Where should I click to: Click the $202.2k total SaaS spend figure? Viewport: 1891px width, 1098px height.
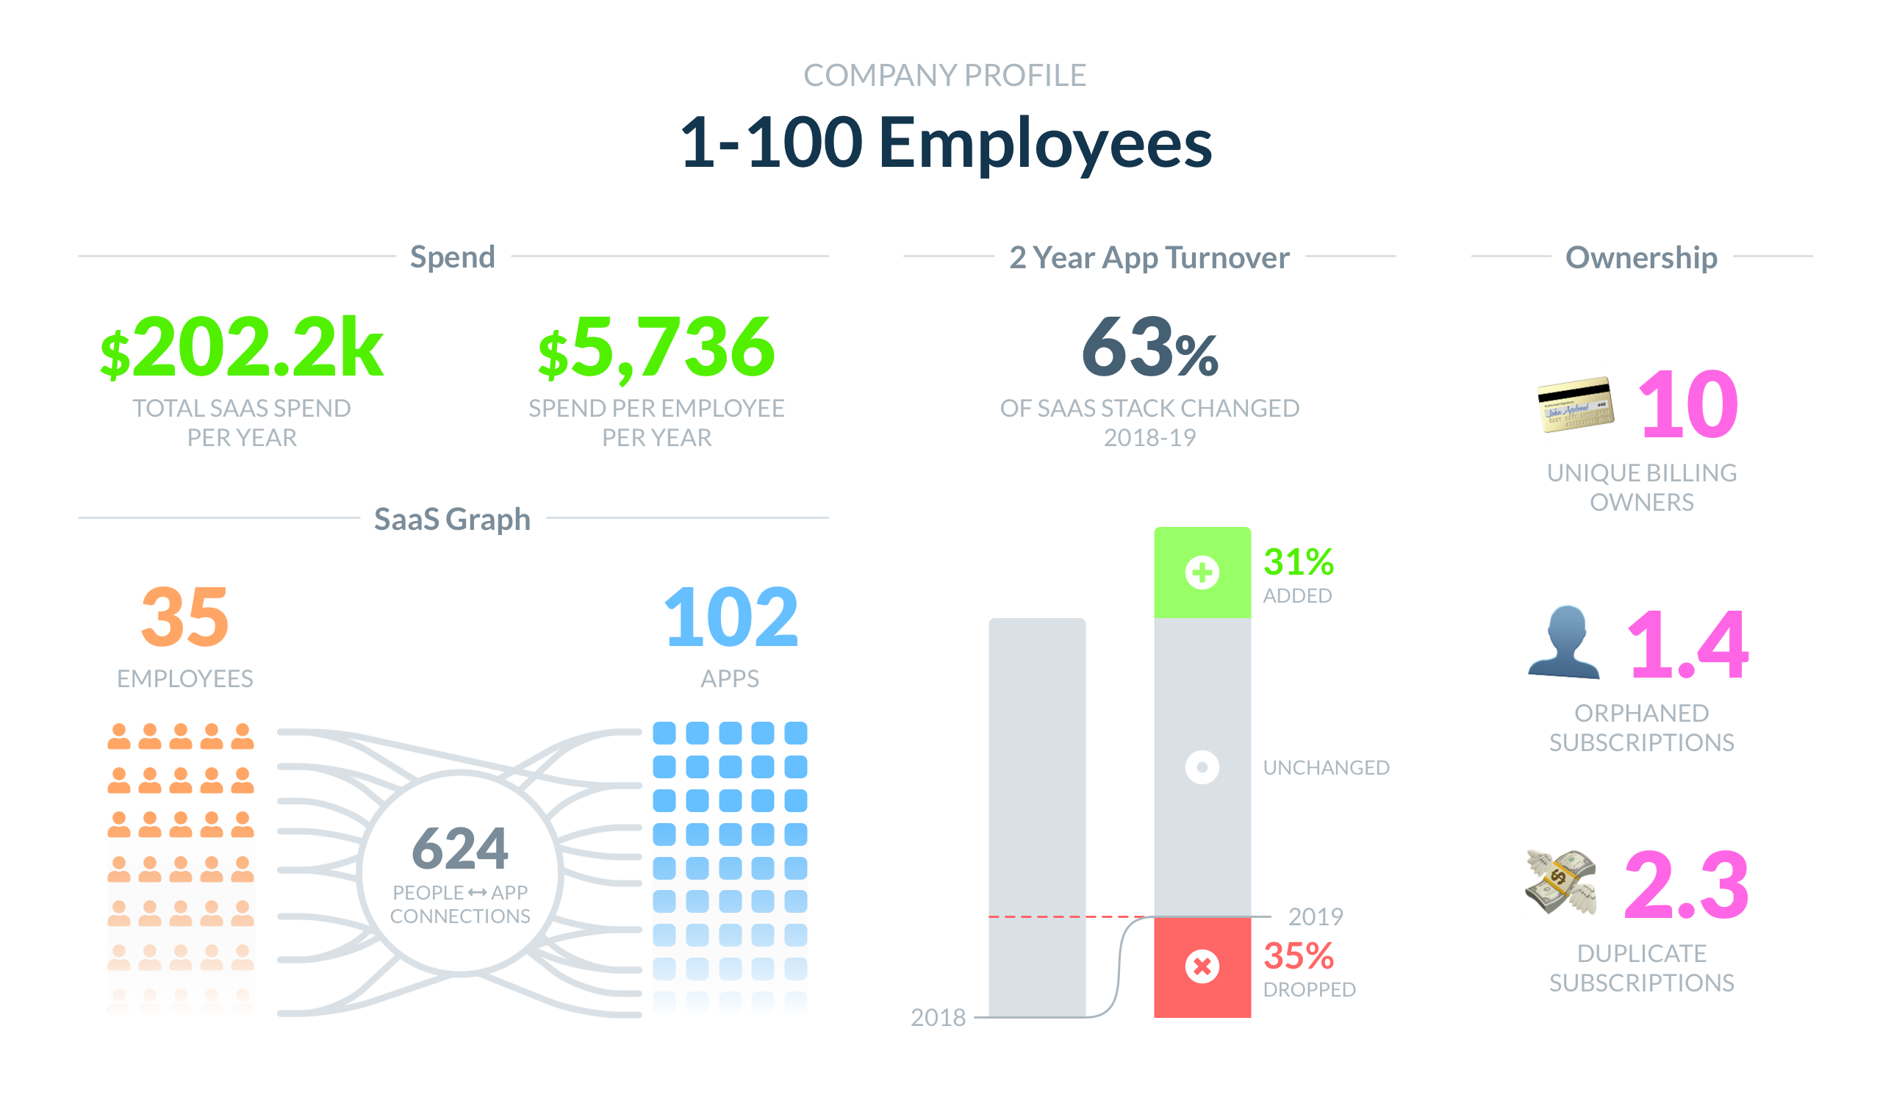(242, 347)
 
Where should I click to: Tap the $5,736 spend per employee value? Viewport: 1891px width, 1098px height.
(656, 347)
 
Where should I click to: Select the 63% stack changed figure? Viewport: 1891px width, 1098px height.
(1149, 347)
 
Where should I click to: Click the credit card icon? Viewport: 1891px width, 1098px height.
(1574, 404)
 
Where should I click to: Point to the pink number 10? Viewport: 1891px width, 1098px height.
(1687, 404)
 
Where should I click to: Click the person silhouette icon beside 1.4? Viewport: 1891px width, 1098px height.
(1564, 643)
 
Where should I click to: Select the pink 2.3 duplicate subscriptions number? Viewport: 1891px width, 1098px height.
(1685, 886)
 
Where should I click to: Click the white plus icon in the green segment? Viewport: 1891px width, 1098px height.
(1202, 573)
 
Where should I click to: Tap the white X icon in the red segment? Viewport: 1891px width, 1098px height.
(1202, 966)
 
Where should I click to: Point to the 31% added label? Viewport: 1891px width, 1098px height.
(1298, 562)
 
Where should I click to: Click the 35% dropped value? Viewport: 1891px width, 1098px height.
(1299, 956)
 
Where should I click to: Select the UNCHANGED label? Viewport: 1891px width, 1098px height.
(1326, 768)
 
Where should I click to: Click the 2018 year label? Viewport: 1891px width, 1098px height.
(938, 1018)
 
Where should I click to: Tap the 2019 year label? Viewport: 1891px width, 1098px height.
(1316, 917)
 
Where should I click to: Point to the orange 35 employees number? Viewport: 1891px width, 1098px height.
(184, 617)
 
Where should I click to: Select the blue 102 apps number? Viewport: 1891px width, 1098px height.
(730, 617)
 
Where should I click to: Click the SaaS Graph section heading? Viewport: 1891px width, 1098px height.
(452, 520)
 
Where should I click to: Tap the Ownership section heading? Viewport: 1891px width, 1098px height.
(1641, 257)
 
